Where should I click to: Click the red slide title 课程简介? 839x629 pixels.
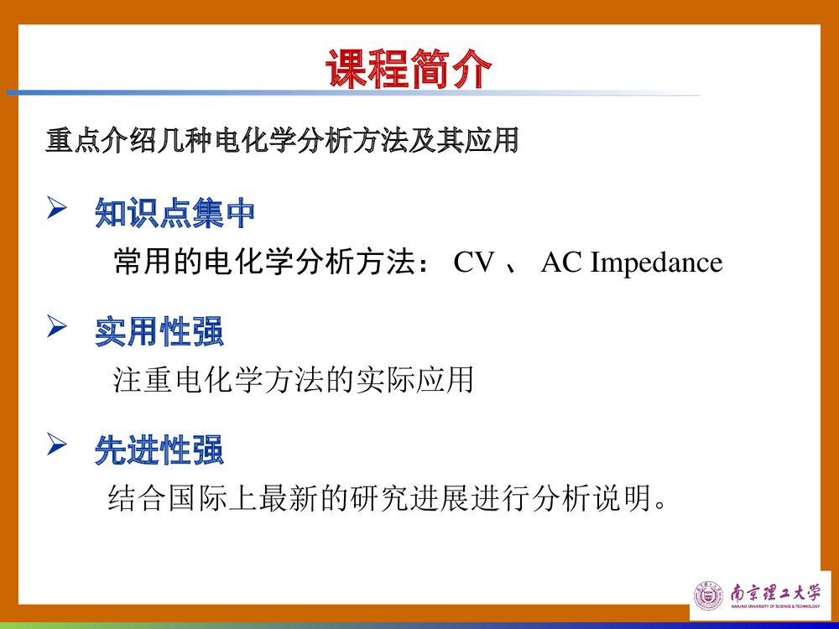409,70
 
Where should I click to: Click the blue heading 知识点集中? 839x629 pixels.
175,214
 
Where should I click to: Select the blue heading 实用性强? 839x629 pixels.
159,333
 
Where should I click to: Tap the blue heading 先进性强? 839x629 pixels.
159,452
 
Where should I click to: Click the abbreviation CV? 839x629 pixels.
474,263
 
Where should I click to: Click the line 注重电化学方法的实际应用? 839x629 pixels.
294,381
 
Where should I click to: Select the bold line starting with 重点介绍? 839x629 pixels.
282,140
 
